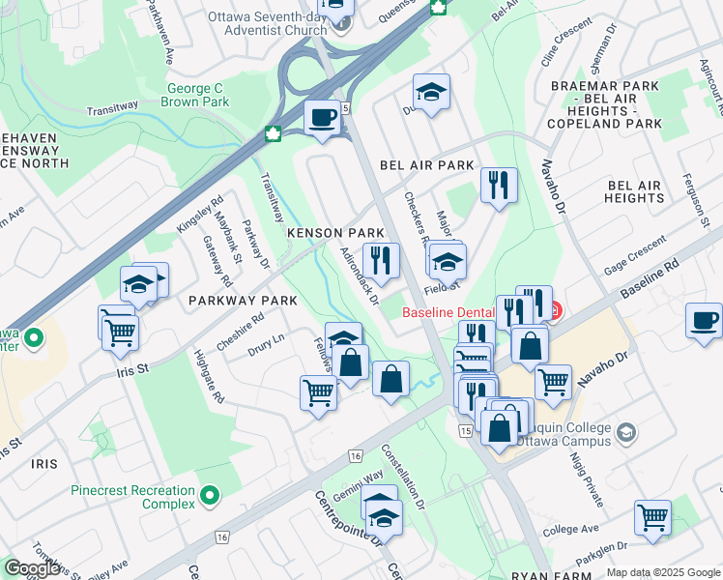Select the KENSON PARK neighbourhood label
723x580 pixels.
pyautogui.click(x=335, y=234)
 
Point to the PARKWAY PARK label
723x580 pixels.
pyautogui.click(x=243, y=301)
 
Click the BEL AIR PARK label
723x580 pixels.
pyautogui.click(x=427, y=165)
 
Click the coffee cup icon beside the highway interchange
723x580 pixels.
pyautogui.click(x=323, y=118)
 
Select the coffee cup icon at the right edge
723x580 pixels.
pyautogui.click(x=705, y=320)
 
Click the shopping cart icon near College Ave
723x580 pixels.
pyautogui.click(x=652, y=517)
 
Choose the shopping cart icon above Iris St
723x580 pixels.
pyautogui.click(x=120, y=333)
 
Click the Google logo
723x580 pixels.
pyautogui.click(x=32, y=567)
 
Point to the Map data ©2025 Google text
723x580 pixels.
pyautogui.click(x=663, y=572)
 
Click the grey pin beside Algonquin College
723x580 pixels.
pyautogui.click(x=626, y=431)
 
